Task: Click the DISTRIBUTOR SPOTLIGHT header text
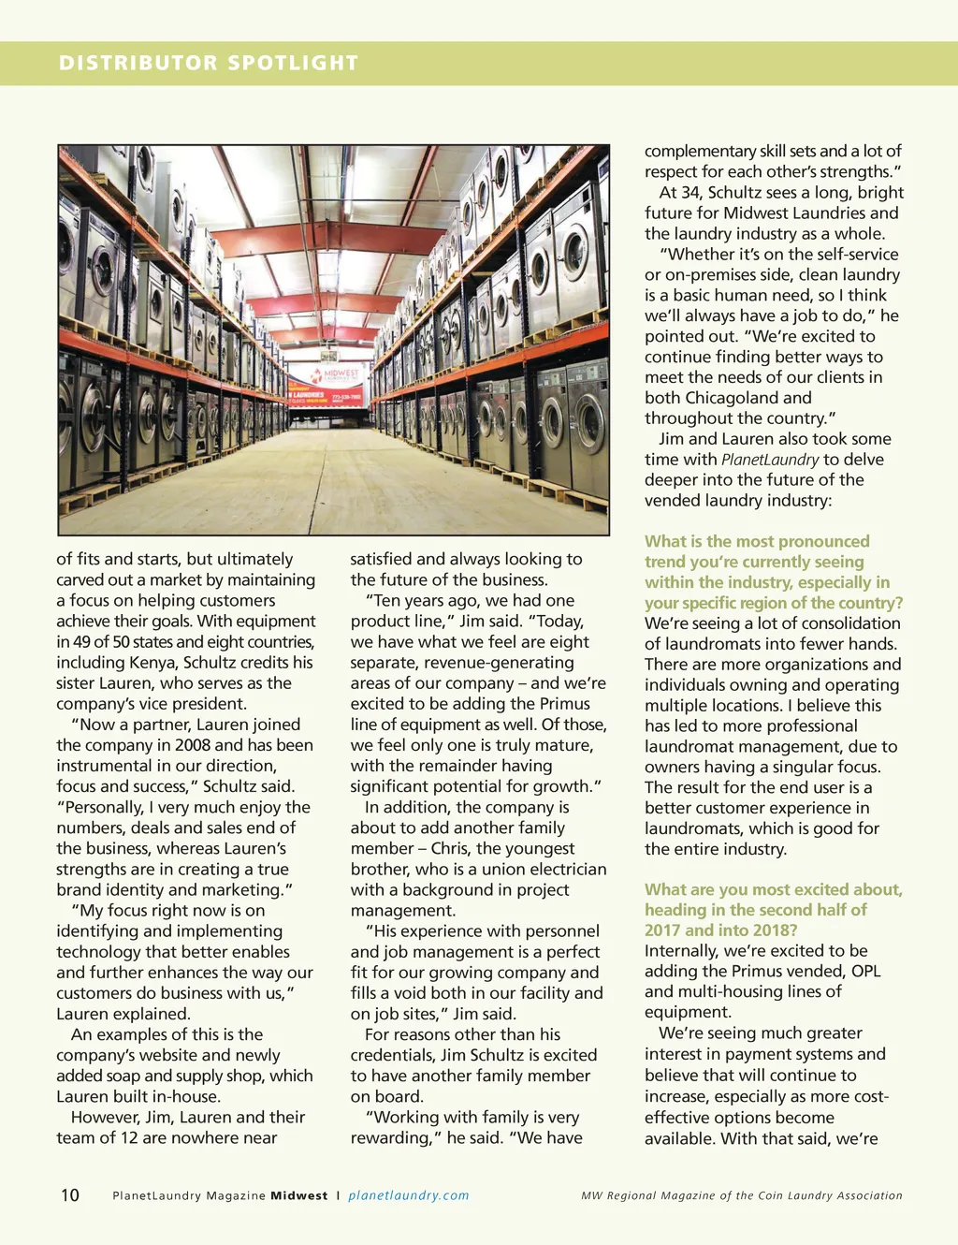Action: (x=209, y=63)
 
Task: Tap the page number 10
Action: (x=70, y=1195)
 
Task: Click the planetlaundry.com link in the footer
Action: (x=409, y=1195)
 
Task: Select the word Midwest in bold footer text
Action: (x=299, y=1195)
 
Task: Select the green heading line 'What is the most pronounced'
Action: (x=757, y=541)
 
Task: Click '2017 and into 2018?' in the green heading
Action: (x=720, y=930)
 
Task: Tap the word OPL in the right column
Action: (x=865, y=972)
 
